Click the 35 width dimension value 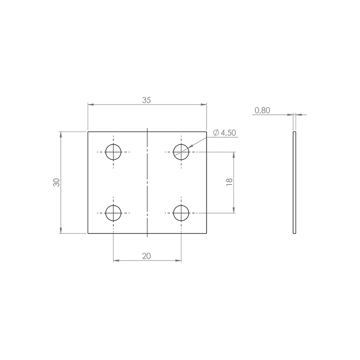pos(147,100)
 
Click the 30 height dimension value pos(57,182)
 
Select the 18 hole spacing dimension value pos(229,182)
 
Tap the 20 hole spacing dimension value pos(147,256)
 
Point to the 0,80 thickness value pos(262,110)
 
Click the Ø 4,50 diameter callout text pos(225,133)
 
